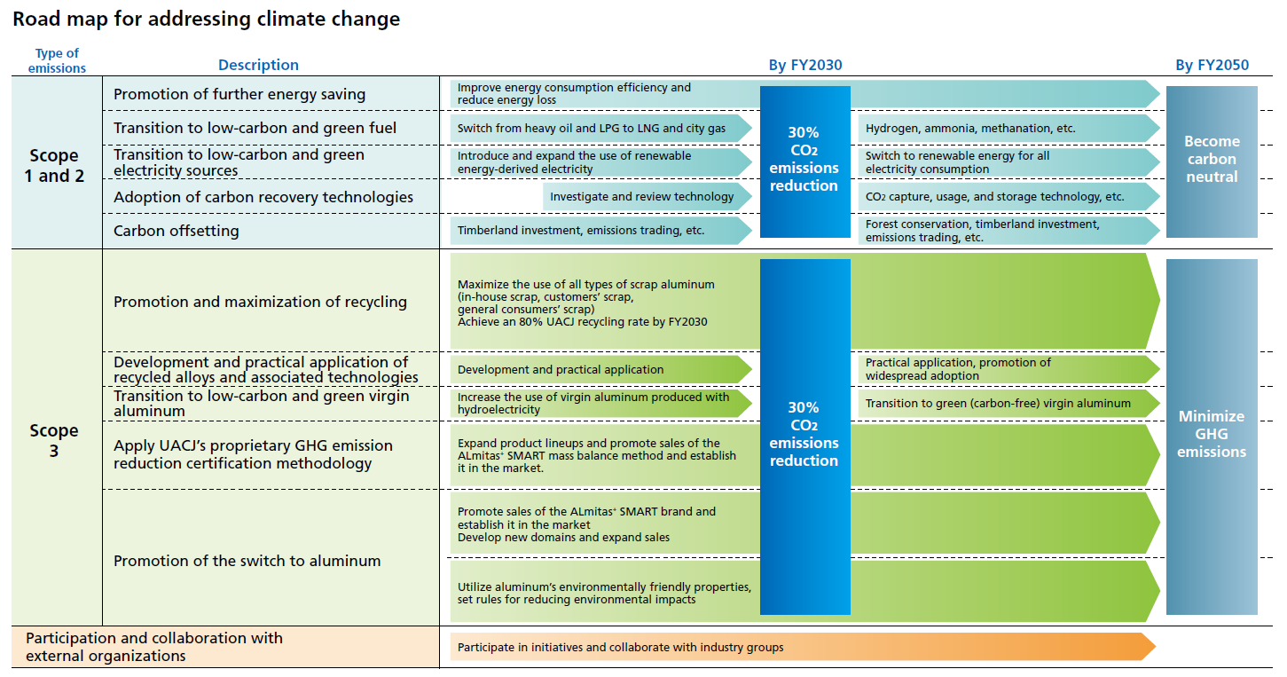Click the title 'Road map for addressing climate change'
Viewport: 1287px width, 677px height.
coord(206,19)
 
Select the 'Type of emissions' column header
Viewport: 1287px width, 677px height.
coord(57,61)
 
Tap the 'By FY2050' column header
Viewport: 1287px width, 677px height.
coord(1212,65)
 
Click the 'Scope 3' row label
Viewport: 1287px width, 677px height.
coord(55,440)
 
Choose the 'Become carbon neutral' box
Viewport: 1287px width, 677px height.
coord(1212,160)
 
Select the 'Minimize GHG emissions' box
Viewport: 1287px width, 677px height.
coord(1212,435)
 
